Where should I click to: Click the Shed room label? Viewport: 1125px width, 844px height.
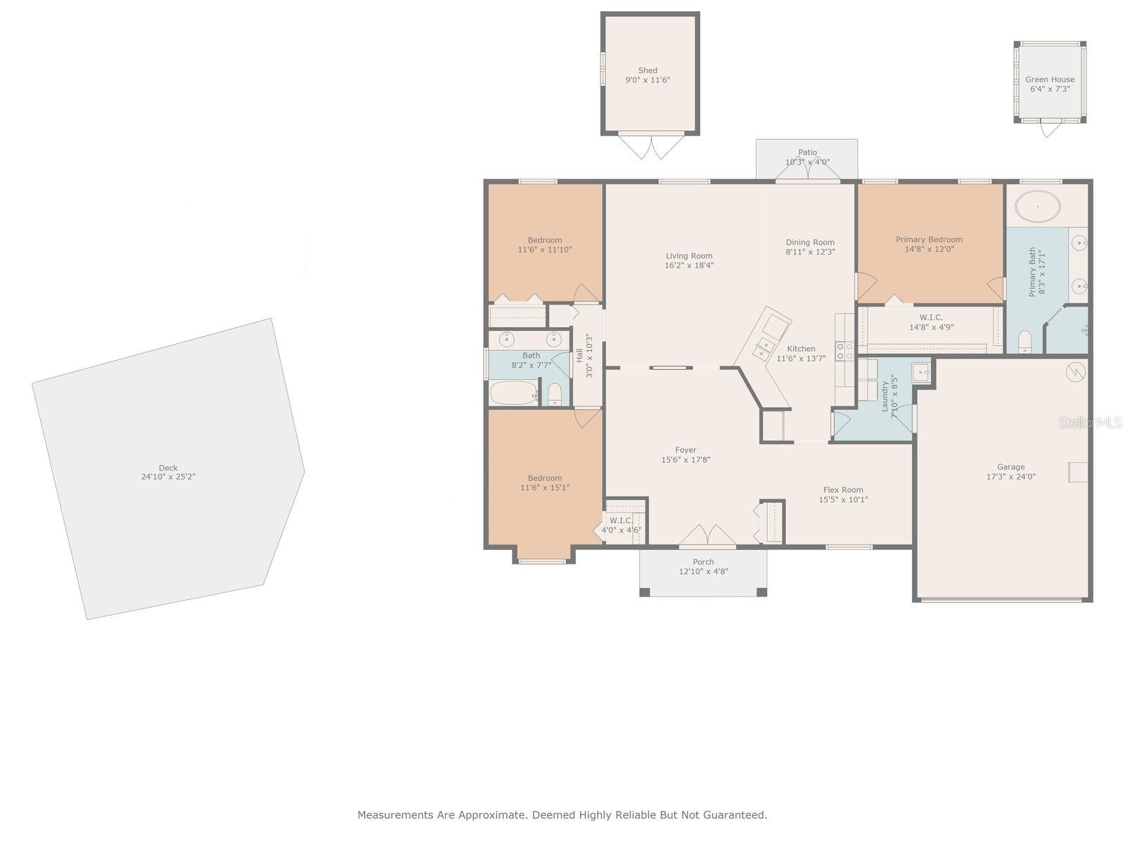tap(648, 70)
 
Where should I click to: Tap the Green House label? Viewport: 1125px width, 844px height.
tap(1049, 79)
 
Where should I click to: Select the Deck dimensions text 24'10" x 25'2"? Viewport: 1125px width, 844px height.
tap(168, 477)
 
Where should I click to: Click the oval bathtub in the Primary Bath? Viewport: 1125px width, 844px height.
tap(1037, 206)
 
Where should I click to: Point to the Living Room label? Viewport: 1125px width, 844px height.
tap(689, 256)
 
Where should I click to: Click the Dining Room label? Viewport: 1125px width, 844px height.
tap(810, 242)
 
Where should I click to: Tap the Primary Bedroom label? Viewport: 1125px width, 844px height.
tap(929, 239)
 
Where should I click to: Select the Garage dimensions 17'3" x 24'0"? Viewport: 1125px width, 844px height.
tap(1010, 477)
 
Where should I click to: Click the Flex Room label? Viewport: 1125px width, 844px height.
tap(843, 490)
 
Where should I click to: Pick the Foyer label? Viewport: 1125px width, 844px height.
tap(686, 450)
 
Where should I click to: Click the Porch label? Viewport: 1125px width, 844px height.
tap(703, 562)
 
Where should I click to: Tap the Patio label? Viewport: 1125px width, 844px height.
tap(807, 152)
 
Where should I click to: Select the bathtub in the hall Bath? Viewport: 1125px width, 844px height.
tap(513, 393)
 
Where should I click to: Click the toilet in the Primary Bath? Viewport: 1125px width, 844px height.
tap(1024, 343)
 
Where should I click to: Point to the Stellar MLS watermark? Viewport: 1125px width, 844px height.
tap(1090, 422)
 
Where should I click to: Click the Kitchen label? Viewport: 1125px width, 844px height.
tap(801, 348)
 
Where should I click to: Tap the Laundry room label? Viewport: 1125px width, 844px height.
tap(885, 396)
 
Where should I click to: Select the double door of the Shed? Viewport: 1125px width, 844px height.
tap(650, 146)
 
